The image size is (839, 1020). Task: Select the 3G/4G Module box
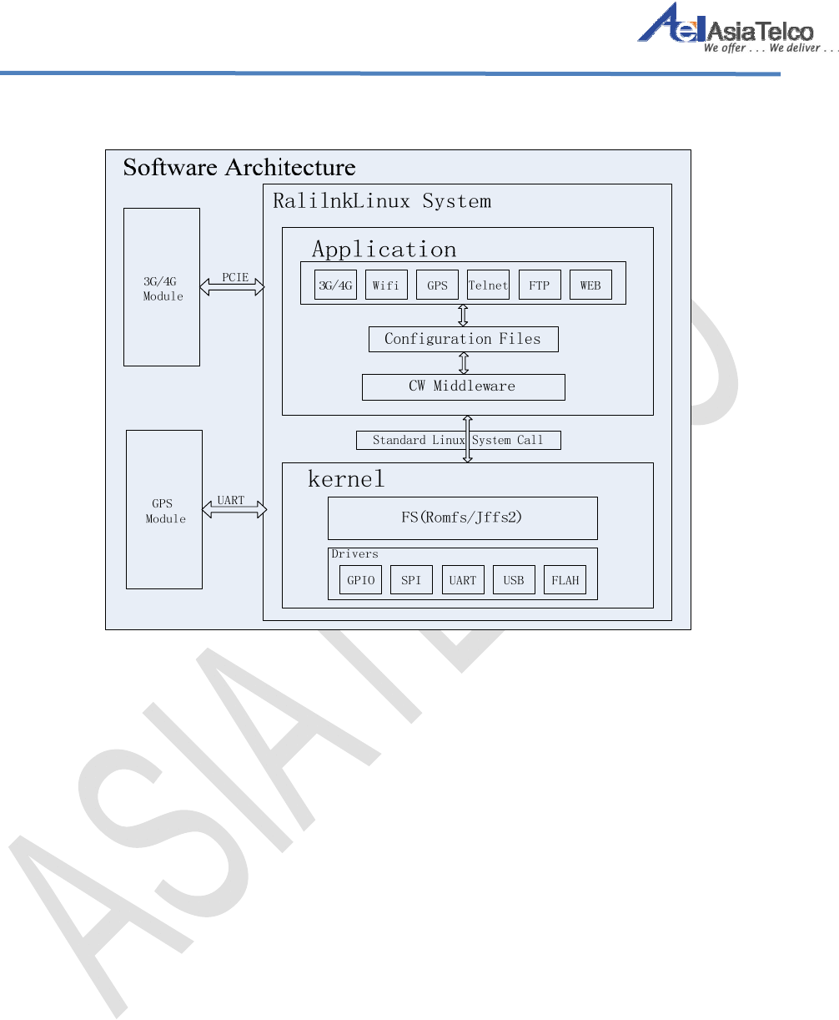click(x=162, y=287)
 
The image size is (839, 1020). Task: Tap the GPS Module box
click(x=164, y=509)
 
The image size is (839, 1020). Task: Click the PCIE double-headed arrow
click(x=232, y=287)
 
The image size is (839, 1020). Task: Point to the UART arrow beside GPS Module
click(x=234, y=509)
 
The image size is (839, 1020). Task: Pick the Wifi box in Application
click(x=386, y=285)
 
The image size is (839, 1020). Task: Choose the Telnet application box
click(x=488, y=285)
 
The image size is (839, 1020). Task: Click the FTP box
click(x=540, y=285)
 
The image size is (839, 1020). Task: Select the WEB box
click(x=590, y=285)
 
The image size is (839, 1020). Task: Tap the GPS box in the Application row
click(x=437, y=285)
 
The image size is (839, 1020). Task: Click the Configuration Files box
click(x=463, y=339)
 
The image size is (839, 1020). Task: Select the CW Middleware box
click(x=463, y=386)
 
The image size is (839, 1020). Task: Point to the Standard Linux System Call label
click(x=458, y=440)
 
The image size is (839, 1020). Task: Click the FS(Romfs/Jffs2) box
click(x=462, y=518)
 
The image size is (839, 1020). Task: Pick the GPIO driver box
click(x=360, y=580)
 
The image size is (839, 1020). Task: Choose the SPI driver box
click(x=411, y=580)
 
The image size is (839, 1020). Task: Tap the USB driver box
click(x=514, y=580)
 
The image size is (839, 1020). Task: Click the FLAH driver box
click(x=565, y=580)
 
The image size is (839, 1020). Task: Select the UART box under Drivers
click(x=463, y=580)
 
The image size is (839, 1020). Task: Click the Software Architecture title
click(x=239, y=168)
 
